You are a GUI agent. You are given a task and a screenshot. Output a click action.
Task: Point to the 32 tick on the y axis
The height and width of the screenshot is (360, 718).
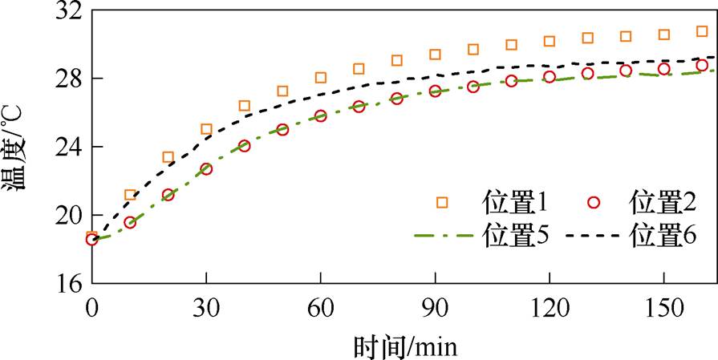coord(70,11)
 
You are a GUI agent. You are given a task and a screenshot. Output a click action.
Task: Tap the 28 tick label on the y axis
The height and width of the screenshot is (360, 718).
coord(70,79)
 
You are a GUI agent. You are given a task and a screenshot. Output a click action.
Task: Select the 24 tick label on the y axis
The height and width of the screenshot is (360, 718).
coord(70,148)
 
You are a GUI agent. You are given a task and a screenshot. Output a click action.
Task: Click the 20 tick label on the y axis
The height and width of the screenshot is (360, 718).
coord(70,216)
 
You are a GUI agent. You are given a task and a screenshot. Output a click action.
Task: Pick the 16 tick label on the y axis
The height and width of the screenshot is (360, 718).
coord(70,284)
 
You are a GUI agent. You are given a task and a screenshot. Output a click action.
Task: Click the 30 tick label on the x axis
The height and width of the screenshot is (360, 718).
coord(206,309)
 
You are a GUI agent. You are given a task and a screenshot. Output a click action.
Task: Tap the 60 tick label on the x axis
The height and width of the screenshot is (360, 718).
coord(321,309)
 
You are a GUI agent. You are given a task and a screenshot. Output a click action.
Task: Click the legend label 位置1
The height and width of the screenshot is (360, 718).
coord(514,201)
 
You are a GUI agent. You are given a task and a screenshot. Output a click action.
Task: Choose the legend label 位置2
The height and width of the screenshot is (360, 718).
coord(663,201)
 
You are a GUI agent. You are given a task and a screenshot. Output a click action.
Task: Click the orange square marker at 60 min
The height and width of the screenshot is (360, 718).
coord(321,78)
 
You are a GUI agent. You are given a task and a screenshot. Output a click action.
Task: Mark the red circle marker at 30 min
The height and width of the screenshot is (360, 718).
coord(206,169)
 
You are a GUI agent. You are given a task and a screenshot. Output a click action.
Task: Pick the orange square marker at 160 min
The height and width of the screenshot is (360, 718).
coord(702,31)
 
